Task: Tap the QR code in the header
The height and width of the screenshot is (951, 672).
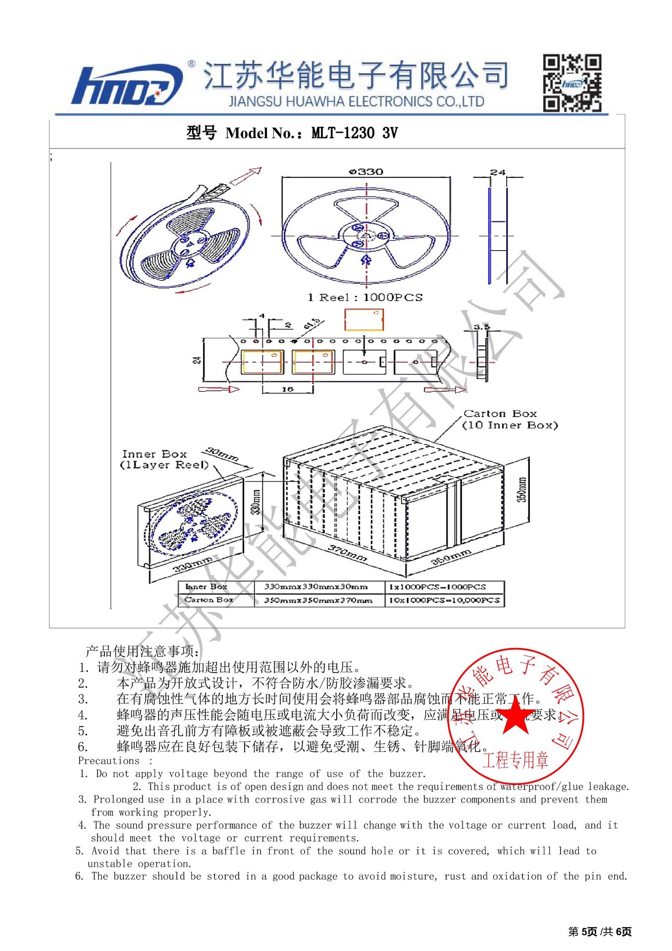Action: tap(572, 83)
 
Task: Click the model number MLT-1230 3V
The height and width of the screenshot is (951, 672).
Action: tap(354, 133)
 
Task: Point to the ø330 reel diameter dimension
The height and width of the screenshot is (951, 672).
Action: tap(366, 172)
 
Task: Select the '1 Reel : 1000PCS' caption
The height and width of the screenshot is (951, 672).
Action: tap(365, 297)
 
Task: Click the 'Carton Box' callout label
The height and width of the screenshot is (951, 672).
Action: tap(500, 414)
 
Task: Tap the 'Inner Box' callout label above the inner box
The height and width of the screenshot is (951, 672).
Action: tap(155, 454)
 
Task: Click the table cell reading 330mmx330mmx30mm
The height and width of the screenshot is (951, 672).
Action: tap(316, 587)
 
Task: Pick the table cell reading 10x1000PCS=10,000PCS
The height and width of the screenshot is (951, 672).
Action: tap(444, 600)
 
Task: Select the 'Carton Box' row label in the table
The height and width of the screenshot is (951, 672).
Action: tap(208, 600)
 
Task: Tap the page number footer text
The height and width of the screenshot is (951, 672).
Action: tap(600, 932)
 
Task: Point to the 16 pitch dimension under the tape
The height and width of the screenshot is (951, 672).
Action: tap(287, 389)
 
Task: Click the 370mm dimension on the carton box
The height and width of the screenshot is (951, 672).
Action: tap(348, 553)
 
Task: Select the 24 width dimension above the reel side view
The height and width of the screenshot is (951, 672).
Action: tap(498, 172)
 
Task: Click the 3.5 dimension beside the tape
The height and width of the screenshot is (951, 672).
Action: tap(481, 327)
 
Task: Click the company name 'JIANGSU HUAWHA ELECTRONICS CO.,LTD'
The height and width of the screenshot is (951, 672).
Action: tap(356, 102)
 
